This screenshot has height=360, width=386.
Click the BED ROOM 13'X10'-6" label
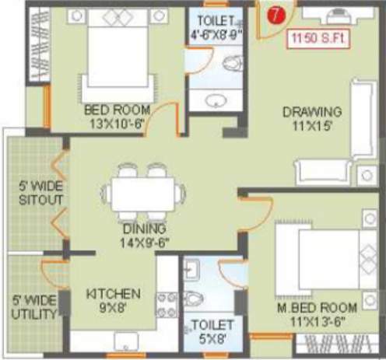tap(118, 116)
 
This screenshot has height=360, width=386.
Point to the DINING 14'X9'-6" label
tap(144, 236)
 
